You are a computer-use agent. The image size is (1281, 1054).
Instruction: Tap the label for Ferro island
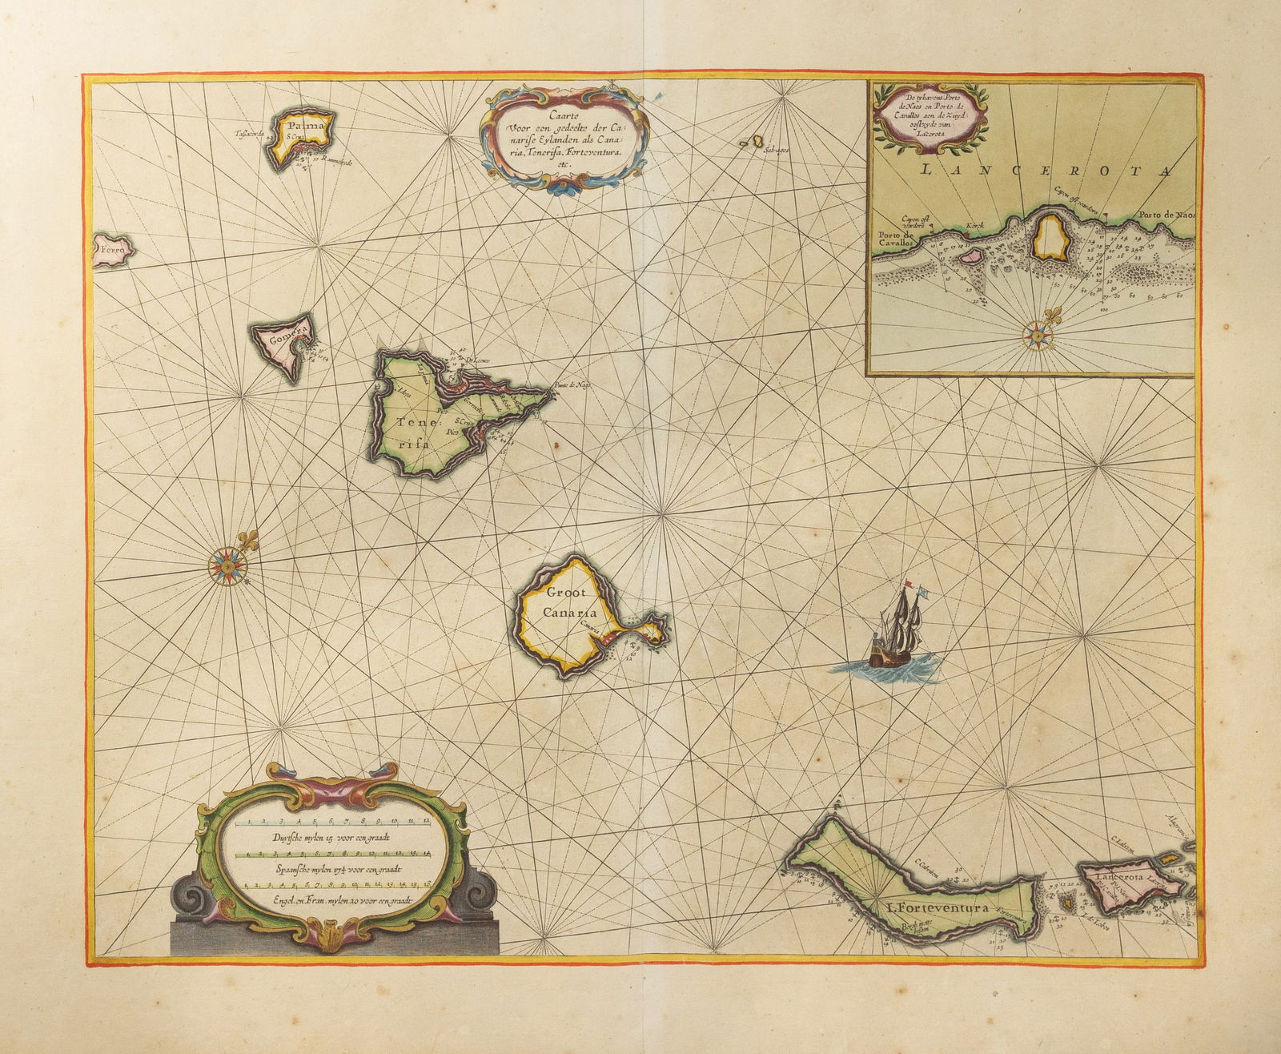point(114,250)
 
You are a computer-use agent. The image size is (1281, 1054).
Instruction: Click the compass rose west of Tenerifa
point(229,561)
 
